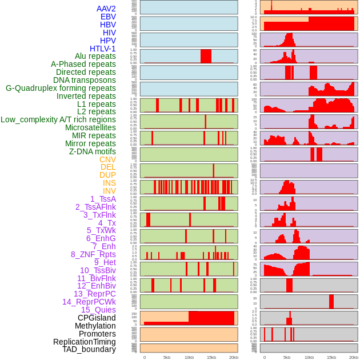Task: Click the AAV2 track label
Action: pyautogui.click(x=106, y=9)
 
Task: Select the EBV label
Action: pyautogui.click(x=108, y=17)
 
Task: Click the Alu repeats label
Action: pyautogui.click(x=95, y=56)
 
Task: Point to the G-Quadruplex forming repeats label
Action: pyautogui.click(x=61, y=88)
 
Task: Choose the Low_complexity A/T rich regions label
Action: pyautogui.click(x=58, y=119)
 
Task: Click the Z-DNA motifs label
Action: pyautogui.click(x=93, y=151)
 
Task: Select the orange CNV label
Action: pyautogui.click(x=107, y=159)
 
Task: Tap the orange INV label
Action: pyautogui.click(x=109, y=191)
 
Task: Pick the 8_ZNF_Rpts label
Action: pyautogui.click(x=93, y=254)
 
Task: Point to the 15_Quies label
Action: pyautogui.click(x=98, y=310)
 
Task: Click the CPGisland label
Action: pyautogui.click(x=97, y=318)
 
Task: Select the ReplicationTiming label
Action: pyautogui.click(x=85, y=342)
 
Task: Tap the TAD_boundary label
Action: pyautogui.click(x=89, y=349)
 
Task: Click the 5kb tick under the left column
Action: pyautogui.click(x=167, y=357)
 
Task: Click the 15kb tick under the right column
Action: pyautogui.click(x=331, y=357)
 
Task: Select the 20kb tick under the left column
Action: pyautogui.click(x=234, y=357)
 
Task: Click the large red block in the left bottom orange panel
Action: pyautogui.click(x=211, y=318)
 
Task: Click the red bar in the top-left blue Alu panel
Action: pyautogui.click(x=206, y=56)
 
